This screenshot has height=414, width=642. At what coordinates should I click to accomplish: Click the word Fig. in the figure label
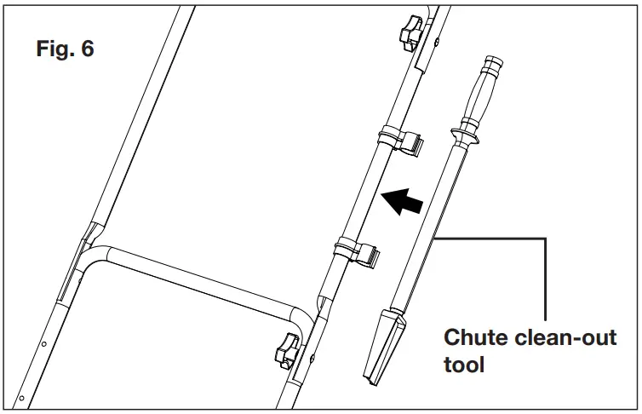click(56, 49)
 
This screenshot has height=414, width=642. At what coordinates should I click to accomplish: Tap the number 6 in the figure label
click(87, 49)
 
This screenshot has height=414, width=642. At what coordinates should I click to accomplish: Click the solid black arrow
click(402, 203)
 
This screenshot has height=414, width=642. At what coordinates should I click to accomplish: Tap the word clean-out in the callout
click(565, 337)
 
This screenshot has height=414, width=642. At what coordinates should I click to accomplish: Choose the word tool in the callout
click(464, 365)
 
